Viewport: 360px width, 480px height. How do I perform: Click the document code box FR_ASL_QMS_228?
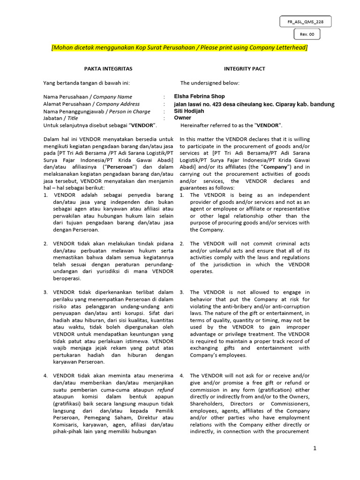pyautogui.click(x=305, y=22)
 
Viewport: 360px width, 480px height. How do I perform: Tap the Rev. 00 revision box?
pyautogui.click(x=307, y=34)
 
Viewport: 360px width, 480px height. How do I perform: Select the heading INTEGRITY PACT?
pyautogui.click(x=244, y=69)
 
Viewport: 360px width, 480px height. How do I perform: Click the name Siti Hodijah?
pyautogui.click(x=189, y=111)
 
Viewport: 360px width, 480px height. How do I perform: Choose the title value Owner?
pyautogui.click(x=182, y=118)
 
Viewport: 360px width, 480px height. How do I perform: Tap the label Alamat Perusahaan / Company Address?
pyautogui.click(x=91, y=104)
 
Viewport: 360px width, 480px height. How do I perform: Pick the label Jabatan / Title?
pyautogui.click(x=60, y=119)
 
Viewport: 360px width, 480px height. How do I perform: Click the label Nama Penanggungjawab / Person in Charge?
pyautogui.click(x=97, y=112)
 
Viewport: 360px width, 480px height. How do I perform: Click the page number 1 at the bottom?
pyautogui.click(x=315, y=449)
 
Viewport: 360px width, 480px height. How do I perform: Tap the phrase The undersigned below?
pyautogui.click(x=210, y=83)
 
